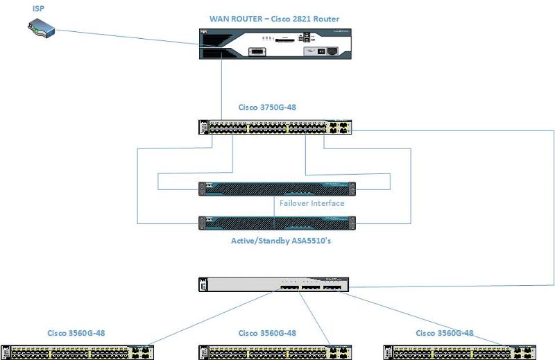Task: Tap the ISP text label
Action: point(40,9)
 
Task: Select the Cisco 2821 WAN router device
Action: point(276,44)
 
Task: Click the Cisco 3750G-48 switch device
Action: point(276,128)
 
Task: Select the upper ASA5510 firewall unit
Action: point(276,189)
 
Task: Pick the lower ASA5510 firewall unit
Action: point(276,222)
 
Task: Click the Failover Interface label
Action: point(311,203)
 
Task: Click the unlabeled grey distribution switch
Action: point(273,284)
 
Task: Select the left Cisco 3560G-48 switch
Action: point(76,352)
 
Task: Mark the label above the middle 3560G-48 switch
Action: point(267,333)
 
